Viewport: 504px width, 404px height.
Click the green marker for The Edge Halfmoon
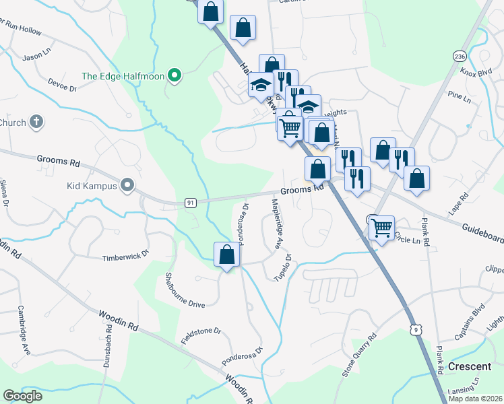tap(175, 76)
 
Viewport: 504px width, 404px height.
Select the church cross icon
tap(37, 122)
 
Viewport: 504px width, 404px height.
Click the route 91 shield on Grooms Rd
tap(191, 202)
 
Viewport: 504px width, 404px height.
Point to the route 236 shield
tap(460, 55)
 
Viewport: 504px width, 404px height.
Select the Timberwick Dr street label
tap(125, 257)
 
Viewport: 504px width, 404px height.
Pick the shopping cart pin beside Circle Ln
tap(382, 229)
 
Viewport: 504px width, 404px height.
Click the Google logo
tap(23, 396)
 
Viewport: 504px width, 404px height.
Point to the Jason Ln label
tap(37, 57)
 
